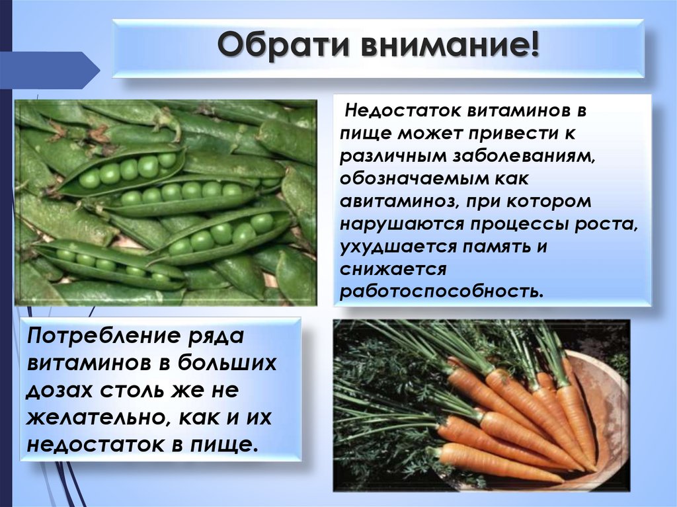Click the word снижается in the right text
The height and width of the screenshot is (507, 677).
(394, 270)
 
